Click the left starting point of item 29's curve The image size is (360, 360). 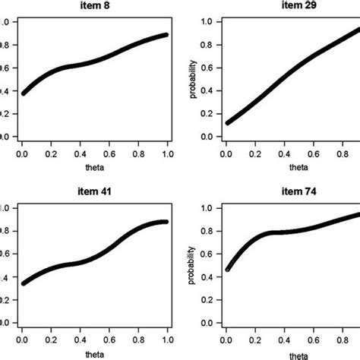click(226, 122)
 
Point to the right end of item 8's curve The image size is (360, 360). click(166, 35)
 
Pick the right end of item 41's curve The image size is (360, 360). click(165, 222)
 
